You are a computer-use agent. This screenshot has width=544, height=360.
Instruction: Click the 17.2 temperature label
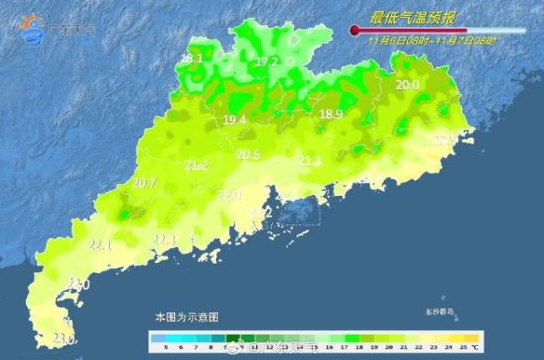click(267, 62)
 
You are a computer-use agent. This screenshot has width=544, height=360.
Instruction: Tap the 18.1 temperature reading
click(192, 59)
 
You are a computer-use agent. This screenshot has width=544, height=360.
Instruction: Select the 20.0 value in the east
click(408, 85)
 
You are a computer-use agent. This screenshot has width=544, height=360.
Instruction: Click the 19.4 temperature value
click(234, 121)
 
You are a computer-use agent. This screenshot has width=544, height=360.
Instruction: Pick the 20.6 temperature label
click(249, 154)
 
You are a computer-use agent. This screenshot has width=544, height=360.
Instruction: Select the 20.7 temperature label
click(145, 183)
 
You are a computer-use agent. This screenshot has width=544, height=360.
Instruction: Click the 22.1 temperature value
click(100, 244)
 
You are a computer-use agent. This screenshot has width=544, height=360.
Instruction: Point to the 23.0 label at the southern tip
click(63, 338)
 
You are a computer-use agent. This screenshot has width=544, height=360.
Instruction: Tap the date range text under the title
click(436, 40)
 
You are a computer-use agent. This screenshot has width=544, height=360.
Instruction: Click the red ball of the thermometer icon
click(354, 30)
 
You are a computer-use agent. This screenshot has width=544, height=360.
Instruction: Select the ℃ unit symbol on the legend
click(475, 346)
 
